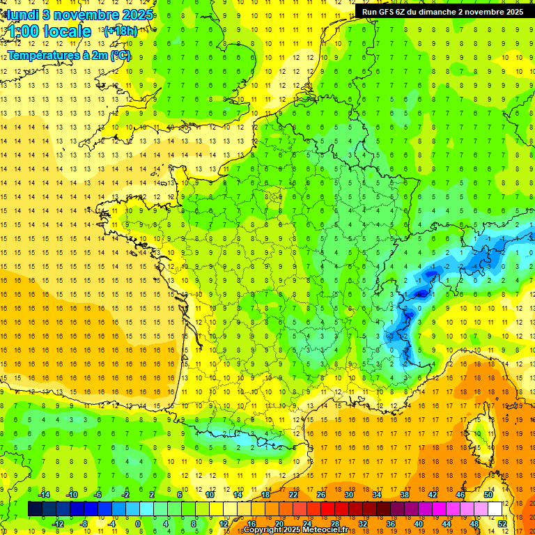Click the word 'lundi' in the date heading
pos(23,14)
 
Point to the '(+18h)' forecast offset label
pos(121,31)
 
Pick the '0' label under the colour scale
pos(138,524)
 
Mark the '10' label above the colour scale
pos(210,495)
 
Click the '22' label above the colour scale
pos(293,495)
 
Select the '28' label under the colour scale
pos(335,524)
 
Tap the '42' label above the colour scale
pos(433,495)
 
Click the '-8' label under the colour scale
pos(84,524)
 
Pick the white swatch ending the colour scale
pos(495,509)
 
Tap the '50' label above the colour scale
pos(488,495)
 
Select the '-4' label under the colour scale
pos(111,524)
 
